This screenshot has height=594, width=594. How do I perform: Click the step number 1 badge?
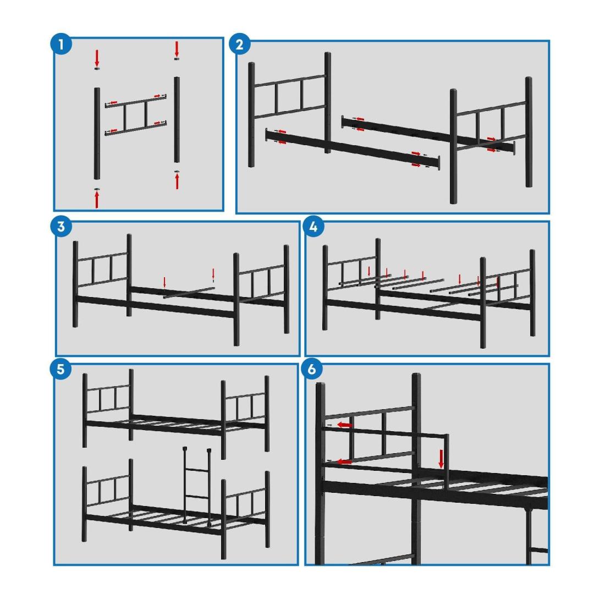61,45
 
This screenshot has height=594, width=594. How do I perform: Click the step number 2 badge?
239,45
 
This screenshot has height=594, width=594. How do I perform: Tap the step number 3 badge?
61,227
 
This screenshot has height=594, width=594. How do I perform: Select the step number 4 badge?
313,227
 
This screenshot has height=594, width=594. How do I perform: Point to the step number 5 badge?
61,369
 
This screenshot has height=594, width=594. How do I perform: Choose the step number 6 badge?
312,369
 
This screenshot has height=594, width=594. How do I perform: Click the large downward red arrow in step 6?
441,459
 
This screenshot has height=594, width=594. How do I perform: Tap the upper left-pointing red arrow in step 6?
345,425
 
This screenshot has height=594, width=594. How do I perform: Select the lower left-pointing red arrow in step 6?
344,461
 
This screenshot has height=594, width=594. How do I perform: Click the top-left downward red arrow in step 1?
97,58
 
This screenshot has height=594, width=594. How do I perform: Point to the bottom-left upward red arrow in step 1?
97,200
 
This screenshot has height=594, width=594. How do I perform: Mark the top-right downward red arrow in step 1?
177,50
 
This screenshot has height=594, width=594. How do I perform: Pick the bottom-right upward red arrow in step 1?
177,181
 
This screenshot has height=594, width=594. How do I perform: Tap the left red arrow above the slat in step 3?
164,282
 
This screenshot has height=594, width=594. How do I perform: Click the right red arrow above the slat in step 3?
213,273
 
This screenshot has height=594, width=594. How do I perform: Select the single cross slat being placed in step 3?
189,293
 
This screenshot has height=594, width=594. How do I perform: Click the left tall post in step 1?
97,133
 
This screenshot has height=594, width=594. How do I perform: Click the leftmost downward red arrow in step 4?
369,271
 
